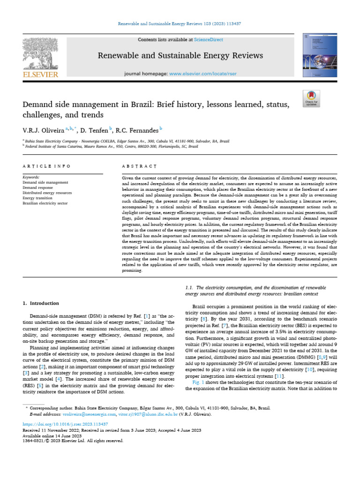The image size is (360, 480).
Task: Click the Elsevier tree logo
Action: pos(40,53)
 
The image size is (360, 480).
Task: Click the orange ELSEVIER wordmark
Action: pos(40,74)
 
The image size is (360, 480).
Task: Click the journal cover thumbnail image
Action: pos(320,54)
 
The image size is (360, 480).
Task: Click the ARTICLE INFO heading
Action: pos(46,166)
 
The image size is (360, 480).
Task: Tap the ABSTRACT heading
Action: pos(139,166)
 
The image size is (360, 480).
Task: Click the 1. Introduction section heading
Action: pos(41,303)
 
